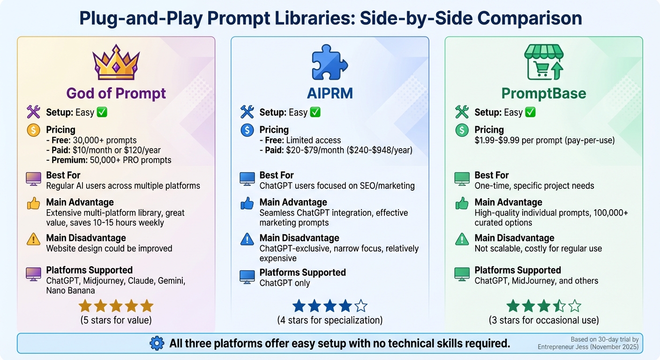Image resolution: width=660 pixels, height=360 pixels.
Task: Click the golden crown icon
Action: pyautogui.click(x=116, y=63)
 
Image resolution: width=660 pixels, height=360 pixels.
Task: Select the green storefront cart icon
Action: pyautogui.click(x=543, y=63)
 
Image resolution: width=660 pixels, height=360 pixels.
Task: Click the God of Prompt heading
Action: pyautogui.click(x=116, y=93)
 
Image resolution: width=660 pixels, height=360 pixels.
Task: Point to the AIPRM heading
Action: pyautogui.click(x=330, y=93)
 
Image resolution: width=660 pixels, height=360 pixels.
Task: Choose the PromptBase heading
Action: pyautogui.click(x=544, y=93)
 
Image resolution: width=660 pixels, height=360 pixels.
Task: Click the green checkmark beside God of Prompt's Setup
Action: pyautogui.click(x=102, y=112)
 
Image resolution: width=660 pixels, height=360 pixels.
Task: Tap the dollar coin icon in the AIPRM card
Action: pyautogui.click(x=247, y=130)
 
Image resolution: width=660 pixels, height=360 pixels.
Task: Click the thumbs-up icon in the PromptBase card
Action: pyautogui.click(x=462, y=203)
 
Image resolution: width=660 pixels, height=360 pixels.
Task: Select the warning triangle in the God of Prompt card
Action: pyautogui.click(x=34, y=239)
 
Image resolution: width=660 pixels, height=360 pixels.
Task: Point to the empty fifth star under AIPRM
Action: pyautogui.click(x=360, y=306)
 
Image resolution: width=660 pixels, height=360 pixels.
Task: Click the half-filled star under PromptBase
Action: pyautogui.click(x=559, y=306)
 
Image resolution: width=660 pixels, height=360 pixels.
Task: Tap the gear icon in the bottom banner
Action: pyautogui.click(x=157, y=344)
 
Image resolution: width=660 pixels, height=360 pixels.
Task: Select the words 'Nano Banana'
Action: pyautogui.click(x=70, y=291)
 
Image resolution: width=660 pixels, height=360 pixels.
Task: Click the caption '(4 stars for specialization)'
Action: pyautogui.click(x=330, y=321)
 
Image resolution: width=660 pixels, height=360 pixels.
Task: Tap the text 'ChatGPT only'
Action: pyautogui.click(x=285, y=283)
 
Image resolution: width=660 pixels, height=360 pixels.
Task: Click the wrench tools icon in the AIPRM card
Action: pyautogui.click(x=247, y=112)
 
